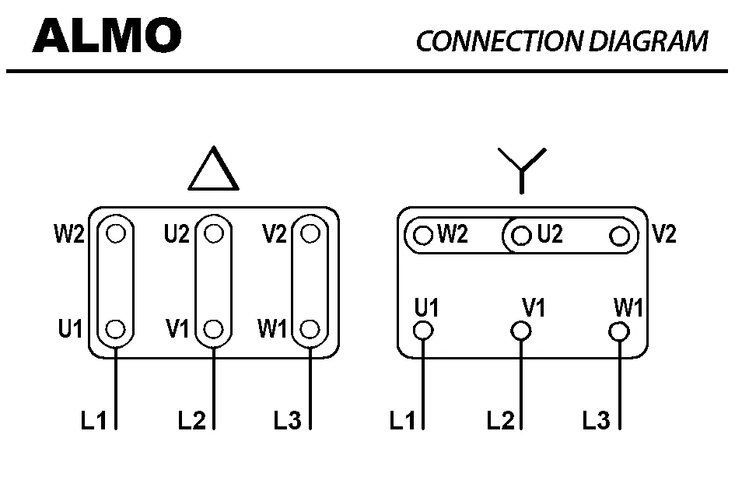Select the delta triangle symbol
tap(213, 170)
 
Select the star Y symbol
tap(522, 170)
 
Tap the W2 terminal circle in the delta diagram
tap(116, 233)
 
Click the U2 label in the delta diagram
tap(177, 233)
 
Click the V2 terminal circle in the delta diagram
tap(310, 233)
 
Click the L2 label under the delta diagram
tap(191, 421)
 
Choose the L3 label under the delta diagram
tap(287, 421)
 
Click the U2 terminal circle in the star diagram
tap(521, 235)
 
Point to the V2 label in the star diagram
tap(663, 234)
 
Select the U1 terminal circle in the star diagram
tap(424, 331)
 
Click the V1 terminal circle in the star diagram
tap(521, 331)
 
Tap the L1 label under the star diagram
tap(403, 421)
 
